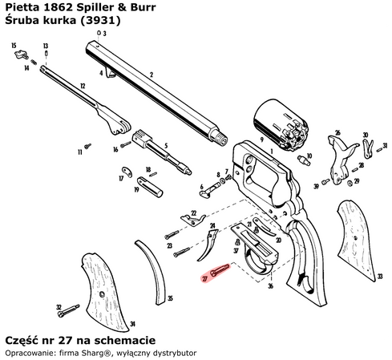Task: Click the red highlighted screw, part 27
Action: [x=218, y=272]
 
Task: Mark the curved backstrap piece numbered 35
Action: [x=153, y=269]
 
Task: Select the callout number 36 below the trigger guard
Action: [x=270, y=286]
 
